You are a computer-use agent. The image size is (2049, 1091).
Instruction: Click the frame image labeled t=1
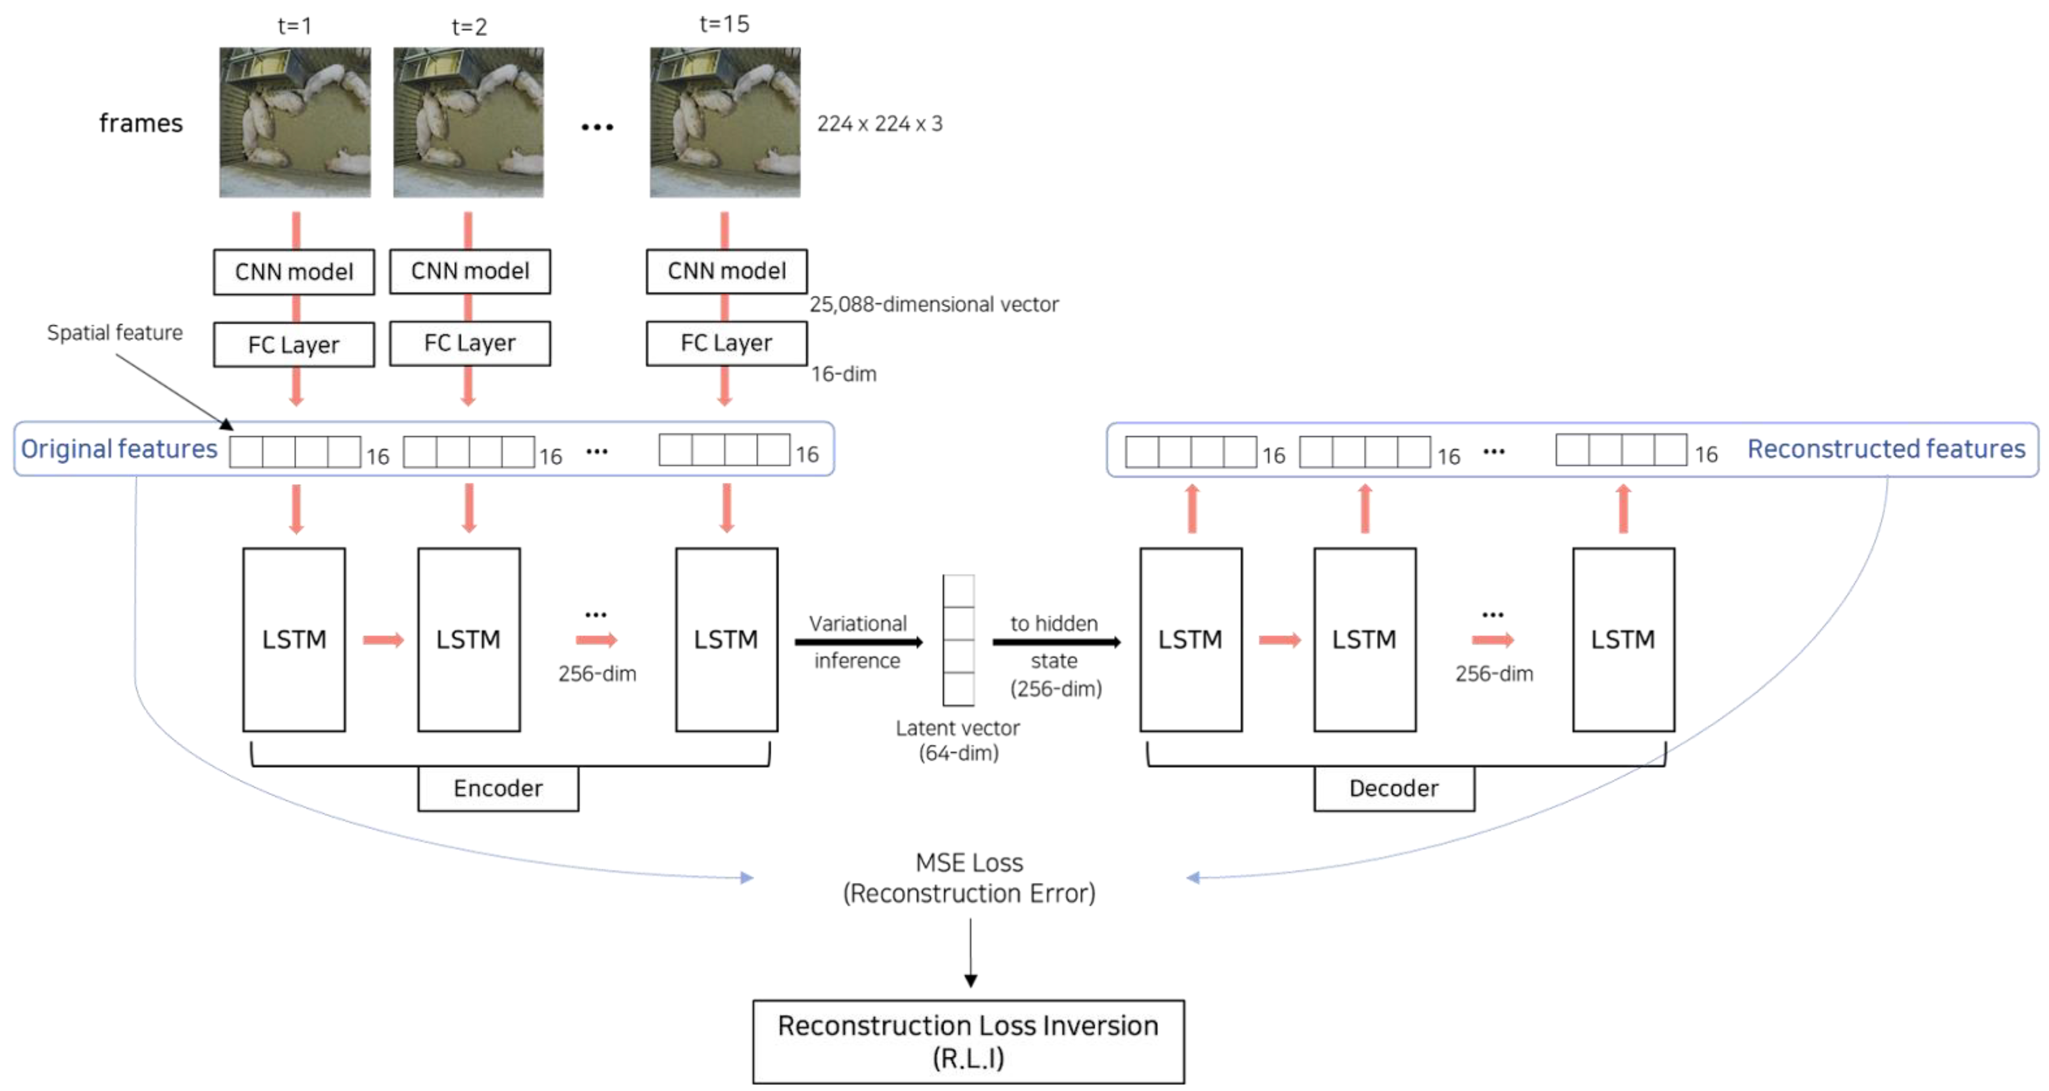[294, 122]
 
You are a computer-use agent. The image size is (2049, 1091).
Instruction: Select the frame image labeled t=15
[725, 122]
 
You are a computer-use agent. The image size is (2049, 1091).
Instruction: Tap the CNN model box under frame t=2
[469, 271]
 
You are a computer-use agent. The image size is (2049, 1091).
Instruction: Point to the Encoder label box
[498, 788]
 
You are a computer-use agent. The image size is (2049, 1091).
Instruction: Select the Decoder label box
[1394, 788]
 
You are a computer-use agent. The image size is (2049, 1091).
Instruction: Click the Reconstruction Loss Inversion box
[968, 1041]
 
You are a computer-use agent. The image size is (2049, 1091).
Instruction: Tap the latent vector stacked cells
[958, 640]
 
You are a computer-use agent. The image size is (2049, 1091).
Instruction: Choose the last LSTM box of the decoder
[1623, 639]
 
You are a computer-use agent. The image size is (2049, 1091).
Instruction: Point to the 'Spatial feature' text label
[115, 333]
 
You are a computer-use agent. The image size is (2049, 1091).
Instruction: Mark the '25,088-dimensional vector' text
[934, 305]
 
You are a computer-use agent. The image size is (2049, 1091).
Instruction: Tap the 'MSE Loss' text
[969, 863]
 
